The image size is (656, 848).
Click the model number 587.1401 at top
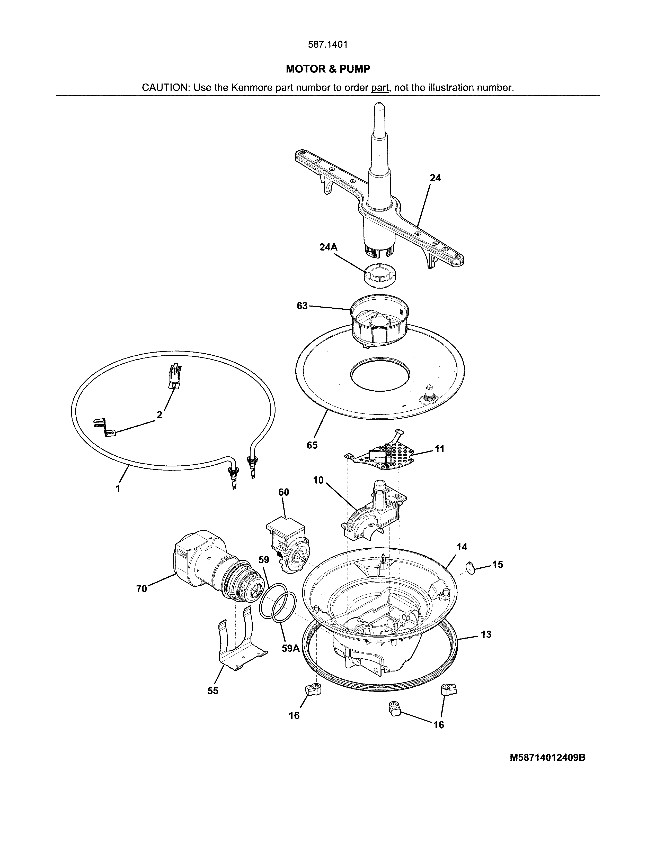tap(327, 45)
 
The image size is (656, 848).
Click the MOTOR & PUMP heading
tap(327, 69)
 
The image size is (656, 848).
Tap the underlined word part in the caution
tap(380, 88)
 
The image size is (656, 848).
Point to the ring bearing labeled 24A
tap(379, 275)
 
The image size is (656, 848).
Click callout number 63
tap(302, 306)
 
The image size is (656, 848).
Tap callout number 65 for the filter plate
tap(312, 445)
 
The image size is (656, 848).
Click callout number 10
tap(318, 480)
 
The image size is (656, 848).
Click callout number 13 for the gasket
tap(486, 634)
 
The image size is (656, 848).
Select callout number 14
tap(462, 547)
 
